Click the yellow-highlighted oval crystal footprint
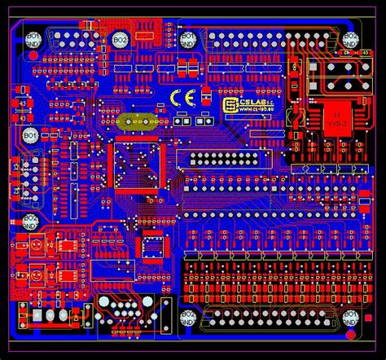pyautogui.click(x=138, y=121)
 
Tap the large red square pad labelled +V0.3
pyautogui.click(x=335, y=120)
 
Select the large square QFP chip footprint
pyautogui.click(x=137, y=165)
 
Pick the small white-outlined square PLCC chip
pyautogui.click(x=151, y=245)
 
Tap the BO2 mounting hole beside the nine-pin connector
pyautogui.click(x=121, y=39)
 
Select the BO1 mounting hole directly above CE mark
pyautogui.click(x=186, y=40)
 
